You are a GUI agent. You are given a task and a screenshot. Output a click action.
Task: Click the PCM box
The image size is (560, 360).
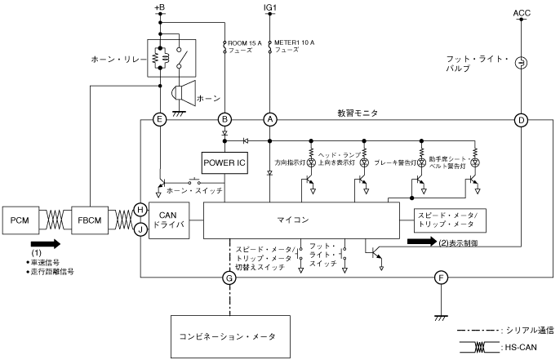(x=20, y=220)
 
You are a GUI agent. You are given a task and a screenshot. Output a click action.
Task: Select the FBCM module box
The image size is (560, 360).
(x=90, y=220)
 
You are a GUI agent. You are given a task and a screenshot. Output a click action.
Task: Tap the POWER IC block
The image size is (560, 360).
(x=224, y=163)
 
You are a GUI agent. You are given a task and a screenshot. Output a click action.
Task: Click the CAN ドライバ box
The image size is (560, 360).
(x=169, y=220)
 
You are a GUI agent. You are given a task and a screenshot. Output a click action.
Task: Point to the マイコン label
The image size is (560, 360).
(x=293, y=220)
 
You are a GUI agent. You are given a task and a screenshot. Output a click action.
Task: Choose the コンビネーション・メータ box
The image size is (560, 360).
(x=230, y=336)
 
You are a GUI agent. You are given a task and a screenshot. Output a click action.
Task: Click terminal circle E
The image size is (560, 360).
(x=160, y=120)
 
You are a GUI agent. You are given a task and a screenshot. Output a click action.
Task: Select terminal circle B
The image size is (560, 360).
(x=224, y=120)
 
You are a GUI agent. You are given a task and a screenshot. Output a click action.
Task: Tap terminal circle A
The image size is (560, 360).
(x=270, y=120)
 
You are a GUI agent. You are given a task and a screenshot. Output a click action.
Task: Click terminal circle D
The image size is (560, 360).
(x=521, y=120)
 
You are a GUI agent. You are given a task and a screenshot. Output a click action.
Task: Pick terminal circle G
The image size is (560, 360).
(x=229, y=278)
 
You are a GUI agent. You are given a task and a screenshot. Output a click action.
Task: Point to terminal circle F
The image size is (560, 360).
(x=441, y=278)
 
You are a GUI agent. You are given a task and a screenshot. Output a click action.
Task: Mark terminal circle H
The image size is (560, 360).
(x=140, y=210)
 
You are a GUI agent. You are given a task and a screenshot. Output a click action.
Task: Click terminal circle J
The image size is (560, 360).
(x=140, y=229)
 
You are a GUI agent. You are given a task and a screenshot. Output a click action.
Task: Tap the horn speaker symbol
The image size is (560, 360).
(x=184, y=94)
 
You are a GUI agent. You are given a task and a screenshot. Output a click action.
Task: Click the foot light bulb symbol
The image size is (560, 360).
(x=521, y=63)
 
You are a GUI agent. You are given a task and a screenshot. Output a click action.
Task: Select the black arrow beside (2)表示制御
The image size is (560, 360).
(x=422, y=242)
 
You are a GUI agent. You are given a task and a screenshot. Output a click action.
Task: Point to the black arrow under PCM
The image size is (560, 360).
(x=46, y=244)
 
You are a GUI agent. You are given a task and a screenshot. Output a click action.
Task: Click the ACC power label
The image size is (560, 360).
(x=522, y=13)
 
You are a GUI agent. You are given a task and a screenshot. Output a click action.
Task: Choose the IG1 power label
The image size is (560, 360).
(x=270, y=7)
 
